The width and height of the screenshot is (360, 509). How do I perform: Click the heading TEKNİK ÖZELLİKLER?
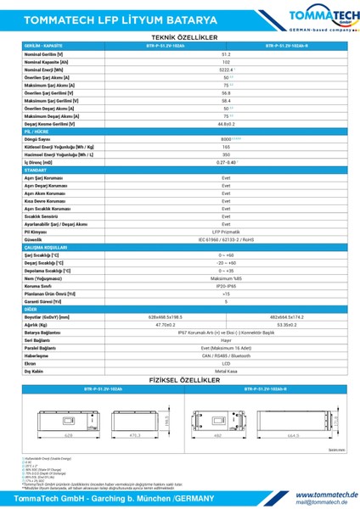click(x=180, y=38)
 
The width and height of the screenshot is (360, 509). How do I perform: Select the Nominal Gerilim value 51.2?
click(x=226, y=53)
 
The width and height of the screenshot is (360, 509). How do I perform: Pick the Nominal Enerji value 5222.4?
click(x=226, y=70)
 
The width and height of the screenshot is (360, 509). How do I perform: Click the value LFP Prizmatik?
click(x=226, y=231)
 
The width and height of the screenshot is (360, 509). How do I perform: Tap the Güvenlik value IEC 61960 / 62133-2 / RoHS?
click(x=226, y=239)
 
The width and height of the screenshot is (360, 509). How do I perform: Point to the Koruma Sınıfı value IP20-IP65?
click(x=226, y=285)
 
